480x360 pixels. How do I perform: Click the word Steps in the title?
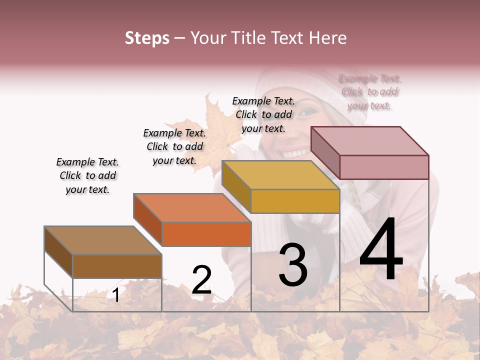click(147, 38)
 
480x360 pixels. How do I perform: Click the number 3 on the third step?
click(293, 265)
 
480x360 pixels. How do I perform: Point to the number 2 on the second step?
click(201, 280)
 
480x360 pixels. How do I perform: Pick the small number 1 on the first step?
click(116, 295)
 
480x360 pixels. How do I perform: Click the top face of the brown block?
click(102, 240)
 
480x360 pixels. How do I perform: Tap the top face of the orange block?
click(192, 207)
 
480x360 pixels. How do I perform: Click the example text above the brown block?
click(87, 175)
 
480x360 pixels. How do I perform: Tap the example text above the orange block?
click(174, 146)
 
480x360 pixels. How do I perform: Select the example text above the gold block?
click(263, 114)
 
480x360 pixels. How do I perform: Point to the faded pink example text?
click(369, 92)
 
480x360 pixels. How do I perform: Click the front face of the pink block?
click(384, 167)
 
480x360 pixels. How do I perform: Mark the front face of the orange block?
click(206, 234)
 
